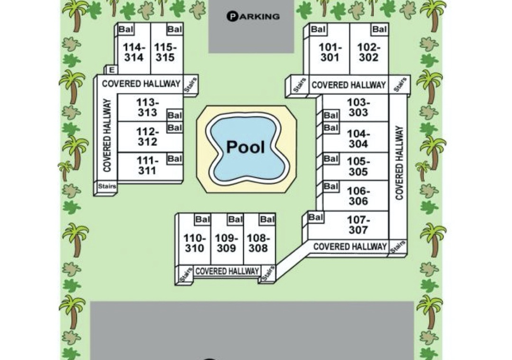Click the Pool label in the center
[246, 147]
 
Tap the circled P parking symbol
[232, 16]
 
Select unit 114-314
[134, 52]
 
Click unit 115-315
[165, 52]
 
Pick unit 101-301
[330, 52]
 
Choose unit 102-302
[369, 52]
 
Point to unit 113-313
[147, 108]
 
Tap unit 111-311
[147, 165]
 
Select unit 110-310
[195, 243]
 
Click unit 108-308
[258, 243]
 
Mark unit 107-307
[358, 225]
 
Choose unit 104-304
[358, 139]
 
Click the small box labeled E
[112, 70]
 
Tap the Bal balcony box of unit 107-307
[316, 217]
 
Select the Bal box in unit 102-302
[379, 29]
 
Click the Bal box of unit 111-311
[174, 159]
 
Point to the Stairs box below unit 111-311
[107, 186]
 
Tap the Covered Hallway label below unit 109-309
[227, 271]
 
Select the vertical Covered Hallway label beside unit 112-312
[107, 135]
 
